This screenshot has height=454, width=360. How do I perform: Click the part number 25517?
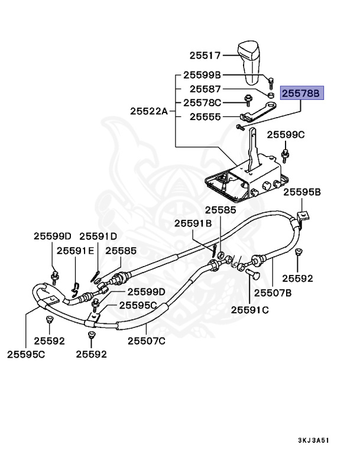pyautogui.click(x=205, y=56)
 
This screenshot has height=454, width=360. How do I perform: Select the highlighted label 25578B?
pyautogui.click(x=301, y=93)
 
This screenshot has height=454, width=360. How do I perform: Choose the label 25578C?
pyautogui.click(x=202, y=102)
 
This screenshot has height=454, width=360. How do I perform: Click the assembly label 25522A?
pyautogui.click(x=150, y=111)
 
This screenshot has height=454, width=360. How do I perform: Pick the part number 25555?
pyautogui.click(x=205, y=117)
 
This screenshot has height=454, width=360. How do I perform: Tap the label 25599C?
pyautogui.click(x=286, y=135)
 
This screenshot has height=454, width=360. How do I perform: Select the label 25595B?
pyautogui.click(x=301, y=192)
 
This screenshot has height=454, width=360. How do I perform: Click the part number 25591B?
pyautogui.click(x=193, y=223)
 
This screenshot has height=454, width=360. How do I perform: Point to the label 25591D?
pyautogui.click(x=98, y=236)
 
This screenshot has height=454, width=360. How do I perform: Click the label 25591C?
pyautogui.click(x=249, y=309)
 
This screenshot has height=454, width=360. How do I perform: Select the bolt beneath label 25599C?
pyautogui.click(x=286, y=155)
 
